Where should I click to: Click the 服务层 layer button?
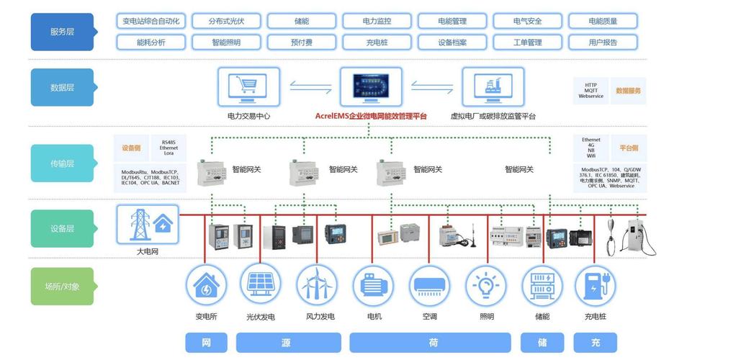62,32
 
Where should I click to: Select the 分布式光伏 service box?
226,22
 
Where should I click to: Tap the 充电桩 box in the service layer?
377,42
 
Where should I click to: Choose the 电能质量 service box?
603,22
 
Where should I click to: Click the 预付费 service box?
302,42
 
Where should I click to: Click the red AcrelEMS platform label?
371,116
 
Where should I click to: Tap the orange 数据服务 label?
628,91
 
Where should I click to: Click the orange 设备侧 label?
131,148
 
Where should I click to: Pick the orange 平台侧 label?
629,148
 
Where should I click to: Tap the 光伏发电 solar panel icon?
260,285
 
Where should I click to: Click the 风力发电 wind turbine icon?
317,286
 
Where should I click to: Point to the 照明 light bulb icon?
485,286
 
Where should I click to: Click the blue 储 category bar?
542,343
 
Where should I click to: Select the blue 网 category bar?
206,343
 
